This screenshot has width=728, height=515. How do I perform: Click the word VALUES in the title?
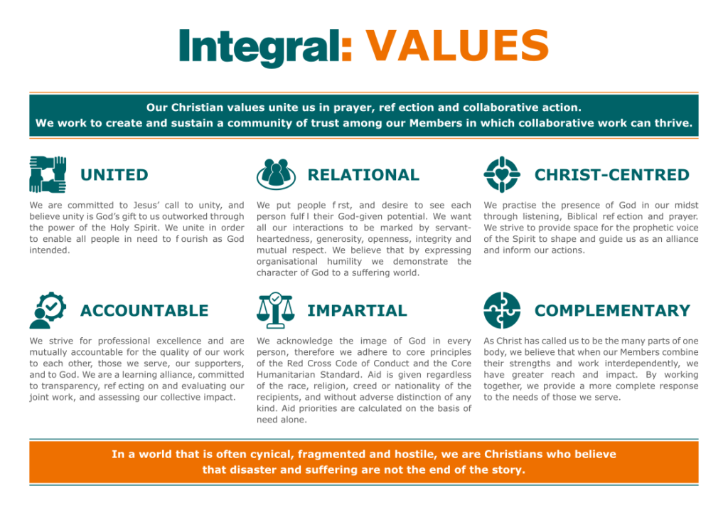click(457, 45)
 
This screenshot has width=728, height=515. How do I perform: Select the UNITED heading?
click(114, 174)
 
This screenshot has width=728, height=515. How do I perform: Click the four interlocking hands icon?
click(48, 174)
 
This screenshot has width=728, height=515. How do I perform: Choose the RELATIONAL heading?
click(363, 174)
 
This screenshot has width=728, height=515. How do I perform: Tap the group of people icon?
click(276, 174)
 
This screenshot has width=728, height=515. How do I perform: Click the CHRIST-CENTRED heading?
click(612, 174)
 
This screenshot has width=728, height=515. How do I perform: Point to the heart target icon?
click(502, 174)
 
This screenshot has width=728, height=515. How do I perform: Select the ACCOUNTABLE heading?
click(144, 310)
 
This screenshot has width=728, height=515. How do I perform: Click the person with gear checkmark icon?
click(48, 310)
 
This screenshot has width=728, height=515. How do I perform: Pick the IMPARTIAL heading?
click(357, 310)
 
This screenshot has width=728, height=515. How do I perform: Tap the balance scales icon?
click(275, 310)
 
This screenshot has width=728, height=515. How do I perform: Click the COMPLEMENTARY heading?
click(612, 310)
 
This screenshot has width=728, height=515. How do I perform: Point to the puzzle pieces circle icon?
click(502, 310)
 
